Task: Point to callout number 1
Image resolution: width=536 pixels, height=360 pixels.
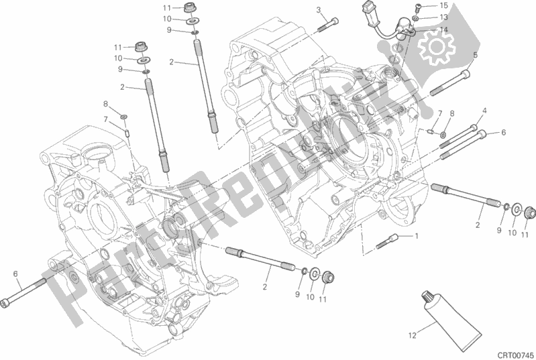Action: tap(416, 236)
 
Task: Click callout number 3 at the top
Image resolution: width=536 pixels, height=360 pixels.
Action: tap(319, 9)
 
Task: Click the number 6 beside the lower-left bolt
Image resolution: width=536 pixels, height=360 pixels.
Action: tap(15, 273)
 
